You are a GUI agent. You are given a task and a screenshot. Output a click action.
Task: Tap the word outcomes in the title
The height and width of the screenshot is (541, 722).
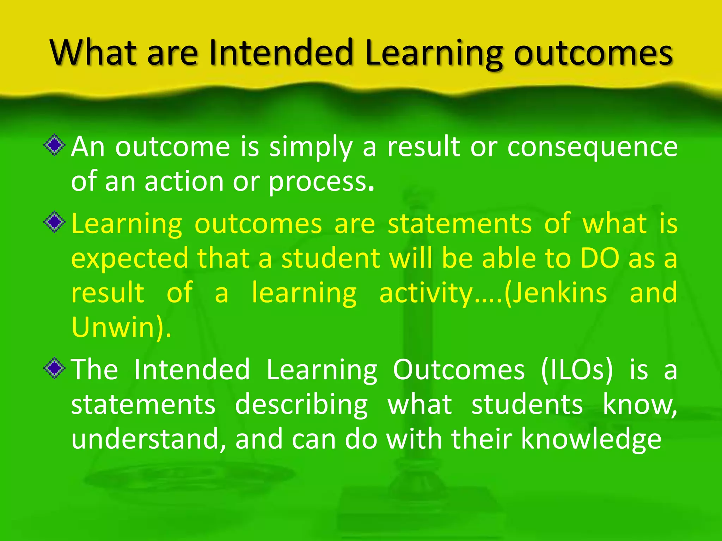coord(593,53)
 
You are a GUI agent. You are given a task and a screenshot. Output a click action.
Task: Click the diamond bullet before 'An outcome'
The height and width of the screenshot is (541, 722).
coord(55,145)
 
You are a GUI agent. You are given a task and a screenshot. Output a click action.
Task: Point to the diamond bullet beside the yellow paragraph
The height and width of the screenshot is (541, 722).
coord(55,222)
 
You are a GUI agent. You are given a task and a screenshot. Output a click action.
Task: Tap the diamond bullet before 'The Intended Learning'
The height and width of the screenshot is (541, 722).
coord(55,368)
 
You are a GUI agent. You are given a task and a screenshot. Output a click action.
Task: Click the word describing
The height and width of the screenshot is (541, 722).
coord(301,405)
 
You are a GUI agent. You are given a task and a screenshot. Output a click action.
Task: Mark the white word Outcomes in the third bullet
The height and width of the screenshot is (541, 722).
coord(459,369)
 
